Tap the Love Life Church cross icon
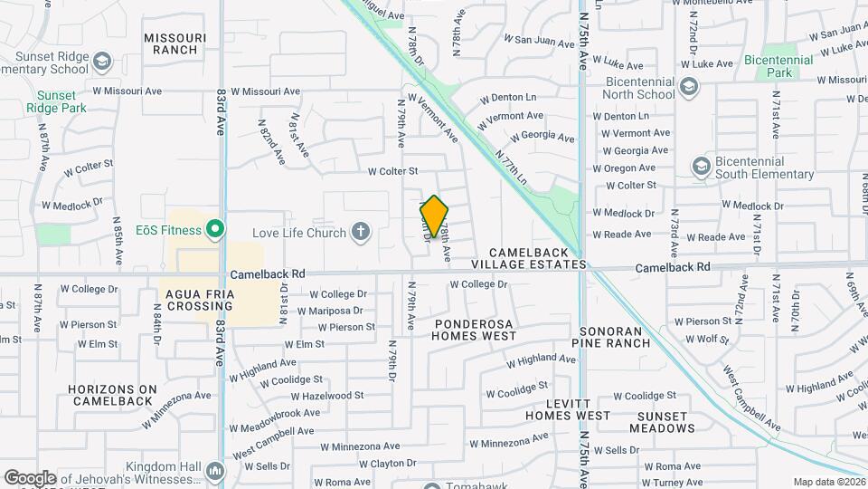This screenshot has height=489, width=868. click(361, 233)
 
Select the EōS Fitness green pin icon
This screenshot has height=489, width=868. click(214, 230)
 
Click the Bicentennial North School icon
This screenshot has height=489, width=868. click(690, 86)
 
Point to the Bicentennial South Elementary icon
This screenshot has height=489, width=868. click(700, 167)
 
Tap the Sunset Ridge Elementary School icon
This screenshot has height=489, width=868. click(101, 62)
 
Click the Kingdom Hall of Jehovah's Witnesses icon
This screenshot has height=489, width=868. click(214, 471)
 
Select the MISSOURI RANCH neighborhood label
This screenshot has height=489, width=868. click(175, 43)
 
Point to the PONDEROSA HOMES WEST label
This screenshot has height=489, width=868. click(474, 330)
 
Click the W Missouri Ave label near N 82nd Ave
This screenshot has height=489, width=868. click(265, 91)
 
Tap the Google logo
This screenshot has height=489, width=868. click(30, 477)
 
